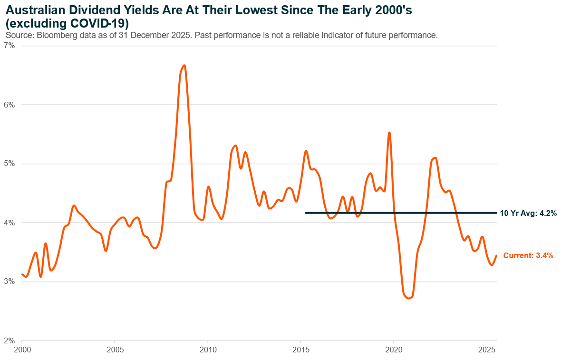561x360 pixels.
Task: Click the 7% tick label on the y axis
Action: click(x=10, y=46)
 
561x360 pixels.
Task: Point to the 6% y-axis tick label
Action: click(x=10, y=105)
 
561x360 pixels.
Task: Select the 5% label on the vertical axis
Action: click(x=10, y=164)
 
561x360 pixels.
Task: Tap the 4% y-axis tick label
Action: click(x=10, y=223)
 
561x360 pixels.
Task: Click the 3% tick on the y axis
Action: click(x=10, y=282)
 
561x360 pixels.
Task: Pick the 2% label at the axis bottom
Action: click(x=10, y=341)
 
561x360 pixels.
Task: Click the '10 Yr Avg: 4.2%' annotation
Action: click(x=528, y=213)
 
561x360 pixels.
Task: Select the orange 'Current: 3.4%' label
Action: click(x=528, y=256)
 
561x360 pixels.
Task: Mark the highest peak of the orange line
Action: click(x=184, y=66)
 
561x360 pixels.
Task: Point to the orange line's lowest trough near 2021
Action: click(x=408, y=298)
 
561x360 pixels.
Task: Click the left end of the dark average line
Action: click(x=306, y=213)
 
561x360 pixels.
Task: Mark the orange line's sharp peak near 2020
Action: click(x=389, y=133)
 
